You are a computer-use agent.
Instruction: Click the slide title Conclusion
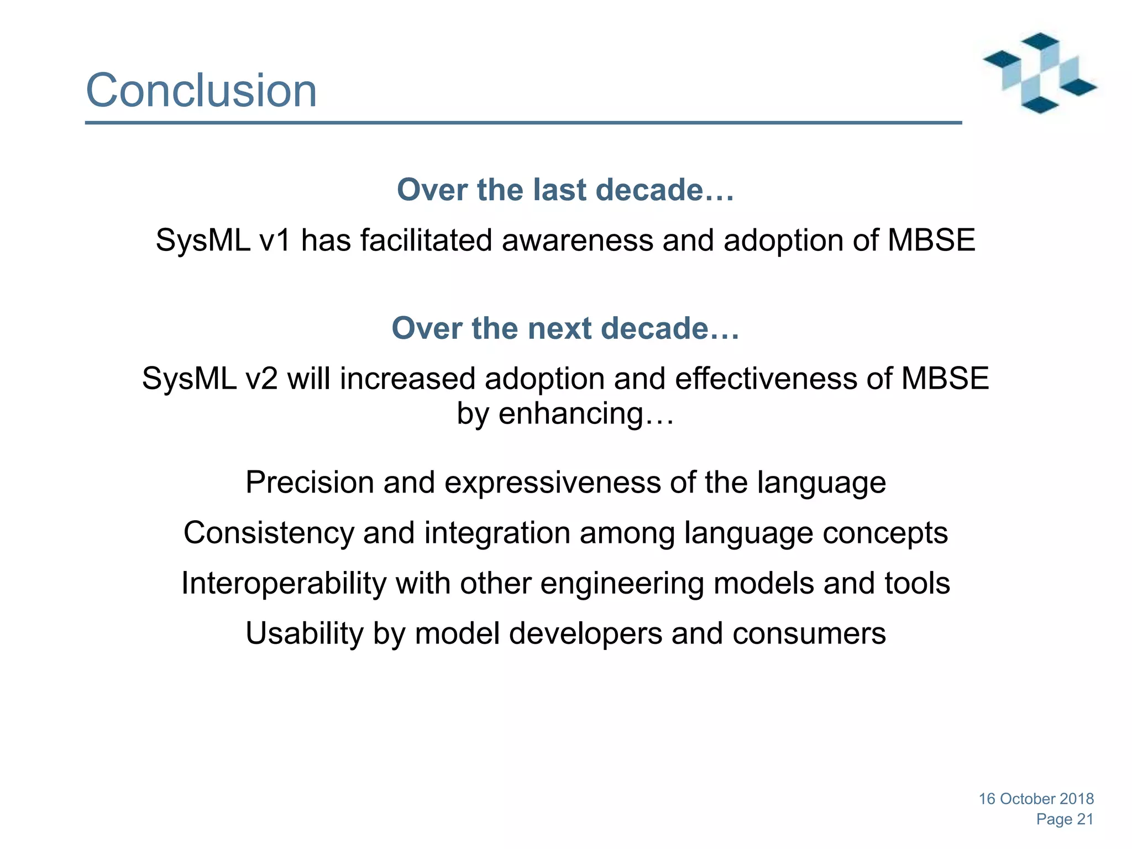click(x=201, y=90)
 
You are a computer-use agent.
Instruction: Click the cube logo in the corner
click(x=1039, y=73)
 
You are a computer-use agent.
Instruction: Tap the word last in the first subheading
click(x=561, y=190)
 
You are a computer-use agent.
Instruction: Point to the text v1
click(x=275, y=240)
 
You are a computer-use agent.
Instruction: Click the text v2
click(x=261, y=379)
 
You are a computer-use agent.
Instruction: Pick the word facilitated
click(x=426, y=240)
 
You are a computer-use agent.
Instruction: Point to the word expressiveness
click(x=552, y=482)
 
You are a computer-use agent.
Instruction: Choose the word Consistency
click(x=269, y=533)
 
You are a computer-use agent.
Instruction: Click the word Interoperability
click(x=284, y=583)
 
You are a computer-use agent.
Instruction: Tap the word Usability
click(x=305, y=633)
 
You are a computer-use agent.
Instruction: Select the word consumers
click(x=809, y=633)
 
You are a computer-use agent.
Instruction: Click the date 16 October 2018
click(x=1036, y=799)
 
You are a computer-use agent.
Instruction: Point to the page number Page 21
click(x=1065, y=819)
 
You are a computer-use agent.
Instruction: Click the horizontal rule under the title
click(x=523, y=123)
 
